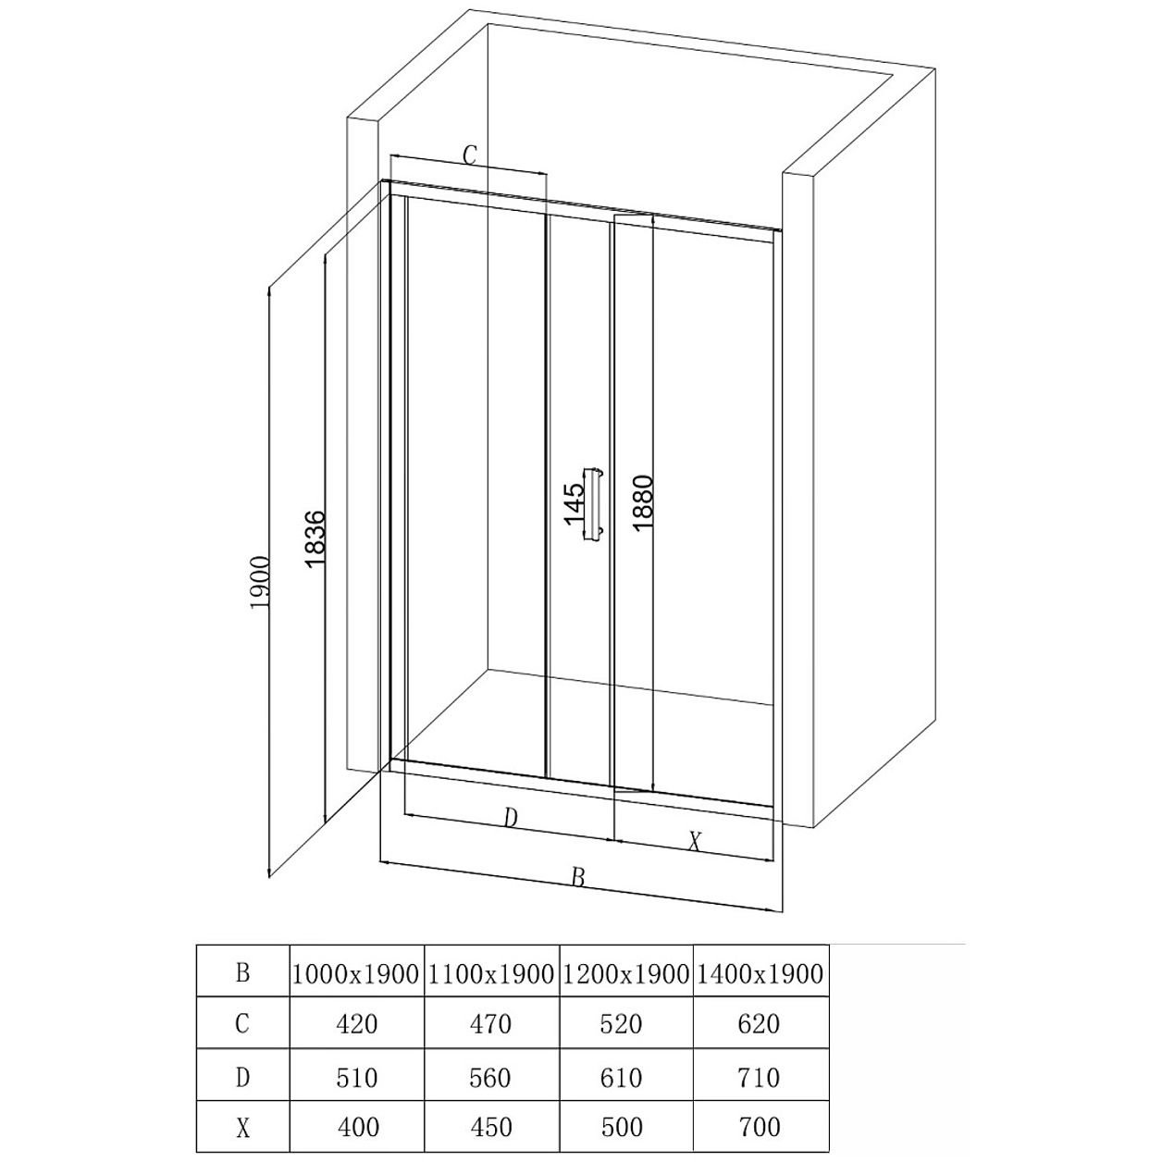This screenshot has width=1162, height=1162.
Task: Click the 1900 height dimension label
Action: click(261, 583)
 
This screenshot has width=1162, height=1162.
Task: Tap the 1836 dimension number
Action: click(316, 539)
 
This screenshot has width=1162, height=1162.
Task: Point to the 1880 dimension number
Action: click(643, 503)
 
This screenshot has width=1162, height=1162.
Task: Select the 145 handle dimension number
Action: click(575, 503)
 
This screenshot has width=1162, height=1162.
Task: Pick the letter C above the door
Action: click(470, 155)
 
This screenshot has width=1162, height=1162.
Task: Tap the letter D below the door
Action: click(511, 818)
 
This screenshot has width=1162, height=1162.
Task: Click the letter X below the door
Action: click(696, 841)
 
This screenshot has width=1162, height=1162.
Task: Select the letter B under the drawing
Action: click(578, 877)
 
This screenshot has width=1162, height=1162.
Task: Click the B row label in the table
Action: click(242, 972)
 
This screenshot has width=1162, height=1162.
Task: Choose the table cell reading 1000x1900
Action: click(355, 974)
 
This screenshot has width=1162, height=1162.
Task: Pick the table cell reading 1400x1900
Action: click(760, 974)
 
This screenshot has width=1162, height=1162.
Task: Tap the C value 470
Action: click(490, 1024)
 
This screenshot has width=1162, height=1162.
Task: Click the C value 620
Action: click(760, 1024)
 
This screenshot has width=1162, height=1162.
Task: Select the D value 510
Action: click(356, 1078)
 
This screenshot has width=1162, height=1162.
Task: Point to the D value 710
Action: click(760, 1078)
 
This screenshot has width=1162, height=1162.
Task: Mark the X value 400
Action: click(358, 1128)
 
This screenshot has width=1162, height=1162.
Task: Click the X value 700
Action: click(760, 1128)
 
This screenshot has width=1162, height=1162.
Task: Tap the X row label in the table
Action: click(242, 1129)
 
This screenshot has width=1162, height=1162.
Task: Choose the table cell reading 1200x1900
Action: click(625, 974)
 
